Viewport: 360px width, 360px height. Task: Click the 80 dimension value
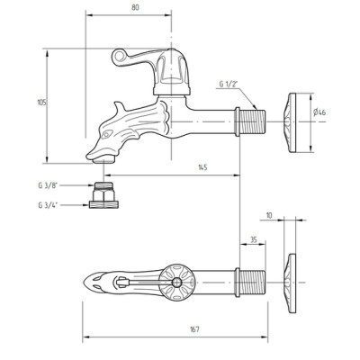135,7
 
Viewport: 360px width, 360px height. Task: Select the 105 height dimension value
41,103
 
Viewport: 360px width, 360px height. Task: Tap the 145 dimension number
202,167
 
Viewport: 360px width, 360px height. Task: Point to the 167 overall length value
194,329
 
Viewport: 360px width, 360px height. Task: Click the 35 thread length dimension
254,239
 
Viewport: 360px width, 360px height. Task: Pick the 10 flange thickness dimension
269,215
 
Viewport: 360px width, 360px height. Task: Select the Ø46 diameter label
319,112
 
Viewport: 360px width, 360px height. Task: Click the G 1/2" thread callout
229,85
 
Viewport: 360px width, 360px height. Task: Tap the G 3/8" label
48,185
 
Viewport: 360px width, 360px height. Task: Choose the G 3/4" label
48,205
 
